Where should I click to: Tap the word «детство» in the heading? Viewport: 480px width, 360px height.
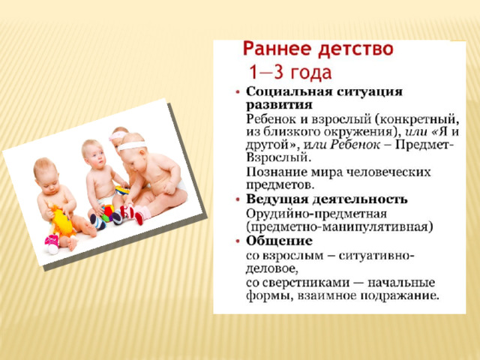355,49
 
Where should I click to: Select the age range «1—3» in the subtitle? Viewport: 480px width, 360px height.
265,72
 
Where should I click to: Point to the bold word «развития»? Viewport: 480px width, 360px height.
279,105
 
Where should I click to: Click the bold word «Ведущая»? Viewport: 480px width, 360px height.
277,199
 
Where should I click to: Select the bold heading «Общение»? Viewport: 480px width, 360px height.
279,241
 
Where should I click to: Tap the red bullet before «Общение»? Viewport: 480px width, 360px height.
238,241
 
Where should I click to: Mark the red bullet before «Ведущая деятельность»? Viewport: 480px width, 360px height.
238,200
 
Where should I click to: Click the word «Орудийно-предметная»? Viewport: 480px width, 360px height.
316,214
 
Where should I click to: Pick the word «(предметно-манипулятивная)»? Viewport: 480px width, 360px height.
340,227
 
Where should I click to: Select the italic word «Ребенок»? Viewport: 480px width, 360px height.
355,145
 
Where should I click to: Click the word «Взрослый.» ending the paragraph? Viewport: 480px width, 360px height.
278,157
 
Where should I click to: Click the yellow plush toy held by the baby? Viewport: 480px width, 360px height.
63,222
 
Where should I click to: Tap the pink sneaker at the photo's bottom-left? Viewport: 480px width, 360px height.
52,243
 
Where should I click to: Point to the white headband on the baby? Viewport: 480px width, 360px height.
133,145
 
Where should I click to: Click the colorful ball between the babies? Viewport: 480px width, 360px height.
108,213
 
